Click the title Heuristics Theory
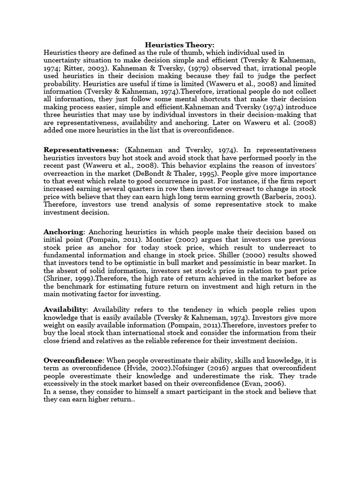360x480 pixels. point(180,45)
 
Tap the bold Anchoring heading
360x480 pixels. point(64,232)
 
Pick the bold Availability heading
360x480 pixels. point(66,310)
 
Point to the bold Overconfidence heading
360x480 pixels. point(73,360)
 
